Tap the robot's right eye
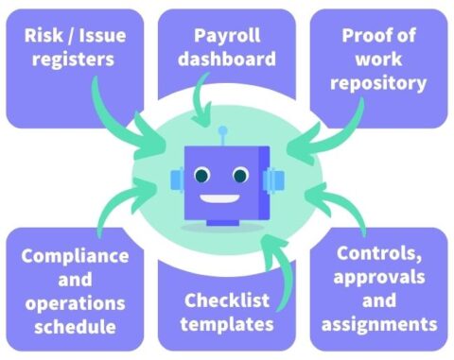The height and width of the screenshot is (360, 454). pos(241,176)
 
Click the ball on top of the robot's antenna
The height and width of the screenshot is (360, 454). pos(223,130)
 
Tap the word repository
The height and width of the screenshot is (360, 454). pos(379,82)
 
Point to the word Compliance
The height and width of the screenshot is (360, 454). pos(75,256)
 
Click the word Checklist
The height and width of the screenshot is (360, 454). pos(228,300)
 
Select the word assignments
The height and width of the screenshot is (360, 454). pos(378,324)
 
